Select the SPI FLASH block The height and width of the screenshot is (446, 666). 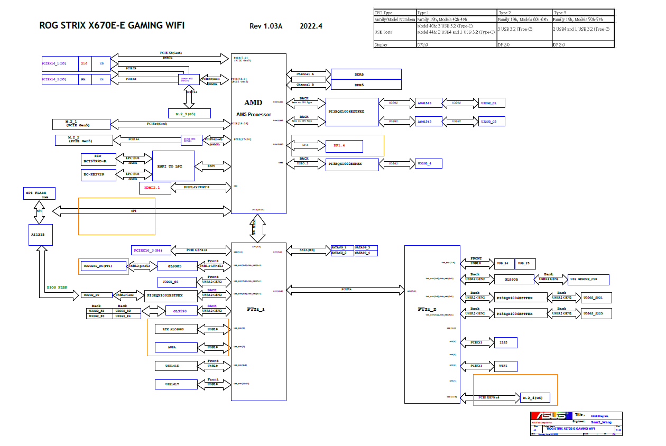pos(39,193)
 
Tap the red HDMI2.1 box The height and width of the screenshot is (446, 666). pos(155,187)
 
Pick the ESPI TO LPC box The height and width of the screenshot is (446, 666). pos(173,166)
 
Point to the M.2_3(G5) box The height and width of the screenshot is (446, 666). pos(189,114)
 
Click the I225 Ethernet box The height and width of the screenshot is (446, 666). pos(505,342)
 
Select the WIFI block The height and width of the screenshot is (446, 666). pos(505,366)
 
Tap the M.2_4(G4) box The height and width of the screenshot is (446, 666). pos(535,397)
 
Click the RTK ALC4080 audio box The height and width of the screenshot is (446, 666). pos(176,329)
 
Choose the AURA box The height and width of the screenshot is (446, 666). pos(176,347)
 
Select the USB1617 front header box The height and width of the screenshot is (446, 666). pos(176,384)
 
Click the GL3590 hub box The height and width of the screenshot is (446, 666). pos(181,310)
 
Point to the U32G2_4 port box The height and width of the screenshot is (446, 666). pos(429,164)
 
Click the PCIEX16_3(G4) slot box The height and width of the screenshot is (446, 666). pos(151,250)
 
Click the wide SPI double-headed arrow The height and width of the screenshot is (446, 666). pos(142,211)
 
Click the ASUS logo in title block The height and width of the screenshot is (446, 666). pos(551,416)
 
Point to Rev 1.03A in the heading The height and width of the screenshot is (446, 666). pos(266,26)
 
